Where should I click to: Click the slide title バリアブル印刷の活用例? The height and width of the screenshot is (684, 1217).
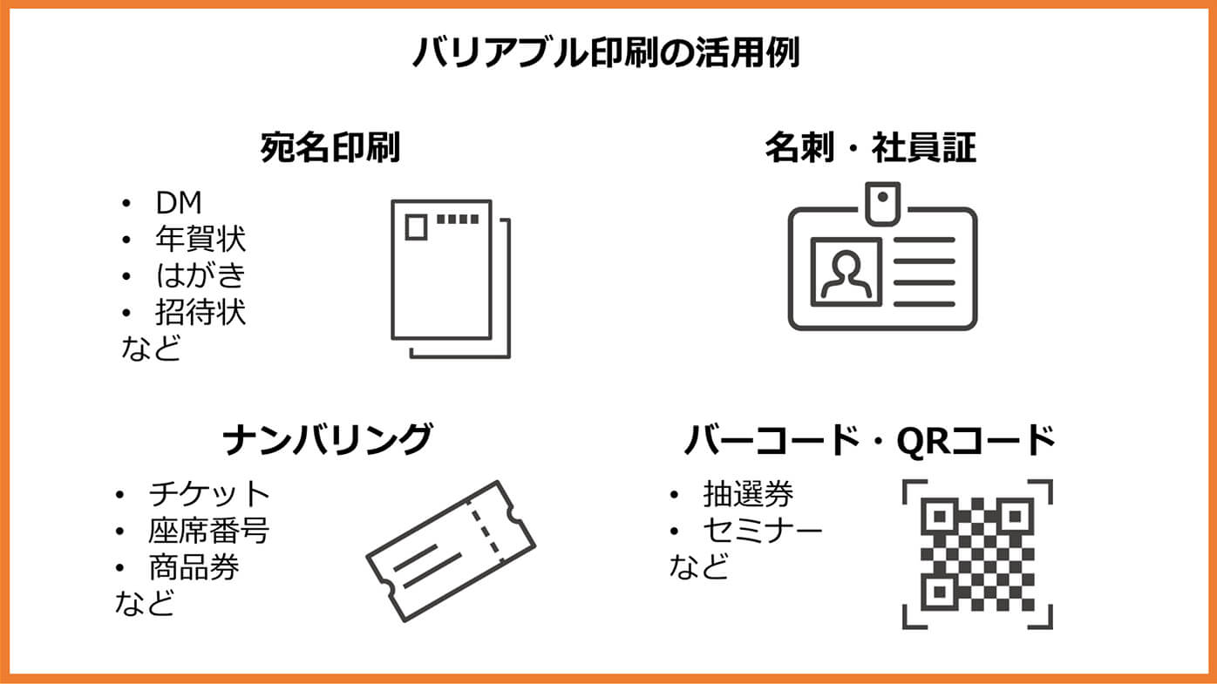click(x=606, y=52)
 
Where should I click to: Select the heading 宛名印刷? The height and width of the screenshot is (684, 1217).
click(x=330, y=147)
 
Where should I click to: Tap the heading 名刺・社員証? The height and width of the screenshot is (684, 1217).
click(x=870, y=147)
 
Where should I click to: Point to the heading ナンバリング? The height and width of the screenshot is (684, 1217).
click(x=328, y=439)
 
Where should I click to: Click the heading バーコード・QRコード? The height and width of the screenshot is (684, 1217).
click(x=869, y=440)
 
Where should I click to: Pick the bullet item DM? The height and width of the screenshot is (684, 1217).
click(x=179, y=203)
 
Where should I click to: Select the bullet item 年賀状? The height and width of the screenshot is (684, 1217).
click(x=201, y=239)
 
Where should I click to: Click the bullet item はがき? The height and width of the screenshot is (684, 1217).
click(x=201, y=275)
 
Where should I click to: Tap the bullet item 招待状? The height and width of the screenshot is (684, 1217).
click(x=201, y=312)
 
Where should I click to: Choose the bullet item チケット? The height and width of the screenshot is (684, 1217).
click(x=209, y=494)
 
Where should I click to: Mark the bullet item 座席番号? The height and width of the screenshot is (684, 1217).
click(x=208, y=531)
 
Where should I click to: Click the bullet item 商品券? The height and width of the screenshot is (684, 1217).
click(x=194, y=567)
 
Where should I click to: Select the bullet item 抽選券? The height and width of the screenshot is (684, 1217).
click(x=749, y=494)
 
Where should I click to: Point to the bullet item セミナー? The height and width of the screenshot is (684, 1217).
click(x=763, y=531)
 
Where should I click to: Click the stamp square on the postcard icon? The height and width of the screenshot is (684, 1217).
click(x=416, y=227)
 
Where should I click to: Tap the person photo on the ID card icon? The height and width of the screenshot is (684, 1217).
click(x=846, y=272)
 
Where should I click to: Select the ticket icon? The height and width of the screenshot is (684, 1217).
click(x=451, y=551)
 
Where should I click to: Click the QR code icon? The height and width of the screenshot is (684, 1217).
click(x=977, y=554)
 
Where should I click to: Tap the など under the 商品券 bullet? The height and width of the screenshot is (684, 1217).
click(x=145, y=603)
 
